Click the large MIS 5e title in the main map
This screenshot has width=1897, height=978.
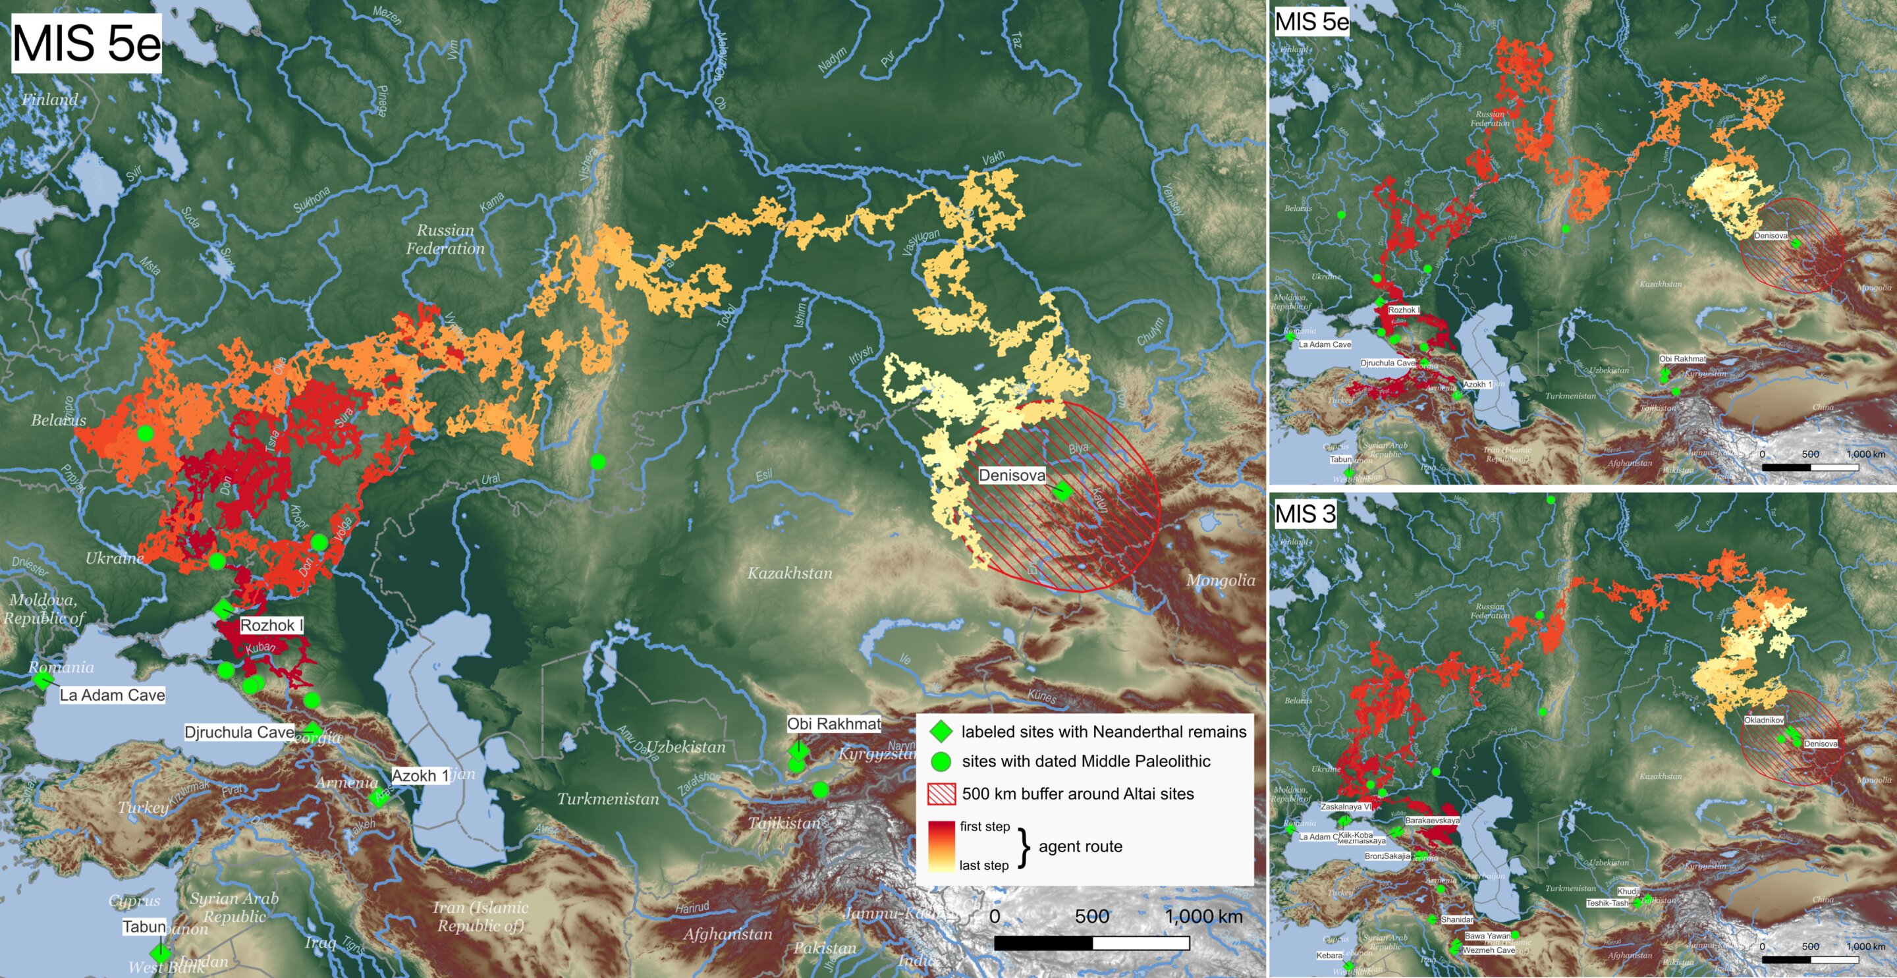click(x=86, y=43)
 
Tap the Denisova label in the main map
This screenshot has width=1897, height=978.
click(x=1011, y=475)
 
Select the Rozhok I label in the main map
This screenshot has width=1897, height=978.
click(x=271, y=625)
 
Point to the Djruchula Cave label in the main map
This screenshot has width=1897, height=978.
click(x=238, y=732)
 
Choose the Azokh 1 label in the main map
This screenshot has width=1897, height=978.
click(x=419, y=775)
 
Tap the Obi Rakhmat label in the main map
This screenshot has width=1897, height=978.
click(x=834, y=724)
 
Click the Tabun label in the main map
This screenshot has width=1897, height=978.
click(x=144, y=927)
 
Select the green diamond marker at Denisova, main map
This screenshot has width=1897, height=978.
click(x=1061, y=491)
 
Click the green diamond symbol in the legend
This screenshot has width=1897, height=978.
click(x=941, y=731)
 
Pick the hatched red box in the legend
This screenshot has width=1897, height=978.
click(x=941, y=794)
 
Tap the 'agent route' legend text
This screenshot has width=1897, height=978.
click(x=1080, y=846)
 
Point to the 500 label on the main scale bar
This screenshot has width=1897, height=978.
click(x=1091, y=917)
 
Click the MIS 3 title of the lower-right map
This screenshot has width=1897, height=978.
click(x=1305, y=513)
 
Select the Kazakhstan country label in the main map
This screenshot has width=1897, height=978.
click(x=790, y=573)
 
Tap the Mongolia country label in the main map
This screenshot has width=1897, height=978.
click(x=1221, y=580)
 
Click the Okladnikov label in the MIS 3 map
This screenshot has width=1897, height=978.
click(x=1764, y=720)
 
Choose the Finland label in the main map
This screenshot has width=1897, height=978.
click(x=49, y=99)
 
